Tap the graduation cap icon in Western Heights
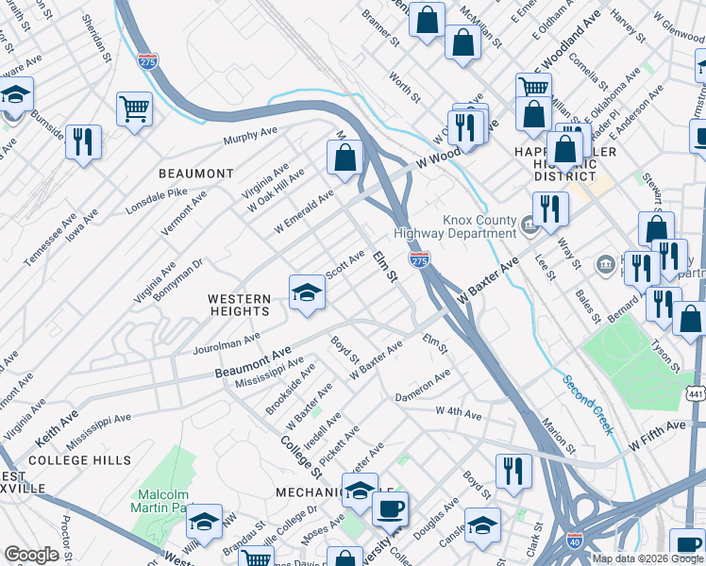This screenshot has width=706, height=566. point(307,292)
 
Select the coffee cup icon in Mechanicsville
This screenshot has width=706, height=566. point(390,508)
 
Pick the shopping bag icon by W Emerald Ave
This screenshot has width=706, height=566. point(345,156)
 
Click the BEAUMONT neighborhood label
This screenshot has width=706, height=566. point(195,174)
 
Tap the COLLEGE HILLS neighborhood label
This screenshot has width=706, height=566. point(73,460)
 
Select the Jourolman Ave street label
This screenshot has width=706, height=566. point(226,340)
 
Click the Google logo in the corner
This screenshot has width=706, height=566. point(31,555)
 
